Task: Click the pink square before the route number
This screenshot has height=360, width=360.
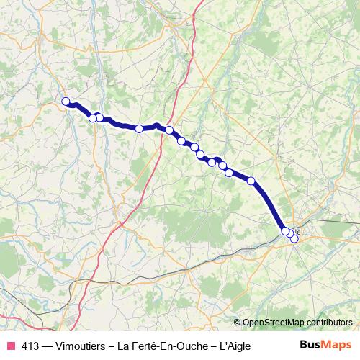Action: (x=11, y=346)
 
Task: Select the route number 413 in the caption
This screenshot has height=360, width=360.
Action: (x=31, y=346)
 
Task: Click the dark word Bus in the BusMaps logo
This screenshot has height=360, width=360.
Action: (x=310, y=345)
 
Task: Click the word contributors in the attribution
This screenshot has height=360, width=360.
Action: (x=328, y=322)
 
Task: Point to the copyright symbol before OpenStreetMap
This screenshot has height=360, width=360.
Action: (x=238, y=322)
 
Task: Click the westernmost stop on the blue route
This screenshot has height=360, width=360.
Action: (x=66, y=102)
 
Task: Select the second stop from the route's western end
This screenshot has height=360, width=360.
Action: (x=93, y=118)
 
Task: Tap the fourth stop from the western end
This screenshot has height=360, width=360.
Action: (x=139, y=128)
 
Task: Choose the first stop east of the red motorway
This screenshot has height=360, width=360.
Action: (x=169, y=130)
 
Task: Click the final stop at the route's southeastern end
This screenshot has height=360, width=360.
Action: (x=294, y=238)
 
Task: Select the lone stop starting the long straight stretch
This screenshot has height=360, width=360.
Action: (x=251, y=181)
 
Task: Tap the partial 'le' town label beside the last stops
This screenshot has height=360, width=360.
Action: (x=298, y=232)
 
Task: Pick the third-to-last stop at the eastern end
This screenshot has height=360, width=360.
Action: (x=285, y=230)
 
